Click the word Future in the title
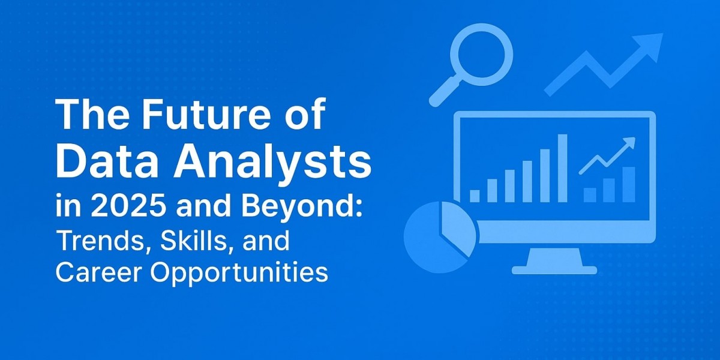pyautogui.click(x=214, y=115)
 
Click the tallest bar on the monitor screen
pyautogui.click(x=562, y=168)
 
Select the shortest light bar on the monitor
pyautogui.click(x=475, y=196)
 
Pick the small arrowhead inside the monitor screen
pyautogui.click(x=628, y=143)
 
